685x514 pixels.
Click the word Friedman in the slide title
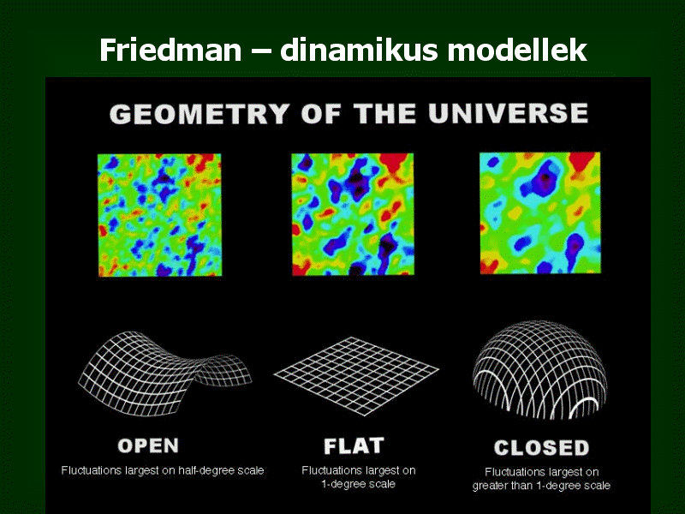pos(170,50)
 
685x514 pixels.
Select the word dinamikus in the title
pos(359,50)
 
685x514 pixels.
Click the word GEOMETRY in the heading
pos(200,114)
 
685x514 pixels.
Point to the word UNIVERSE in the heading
pos(508,113)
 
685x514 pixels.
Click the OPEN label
pos(148,445)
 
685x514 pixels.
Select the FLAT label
pos(354,446)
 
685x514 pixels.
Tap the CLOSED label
pos(542,448)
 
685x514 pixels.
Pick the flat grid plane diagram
pos(356,376)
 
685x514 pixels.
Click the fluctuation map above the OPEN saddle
pos(159,215)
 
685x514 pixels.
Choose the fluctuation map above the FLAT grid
pos(353,213)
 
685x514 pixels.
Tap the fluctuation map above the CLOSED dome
pos(540,212)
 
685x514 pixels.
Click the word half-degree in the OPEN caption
pos(206,470)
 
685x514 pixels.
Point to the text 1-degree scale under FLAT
pos(358,484)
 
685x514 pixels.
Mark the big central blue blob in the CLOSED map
pos(542,178)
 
